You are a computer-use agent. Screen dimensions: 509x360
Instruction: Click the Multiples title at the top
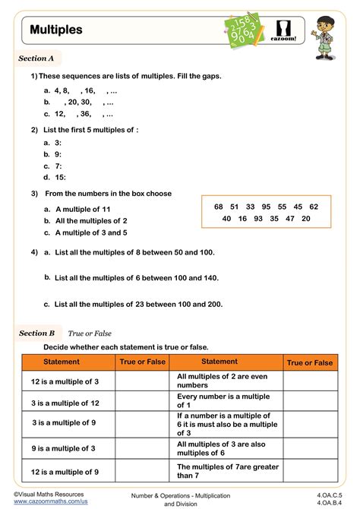56,30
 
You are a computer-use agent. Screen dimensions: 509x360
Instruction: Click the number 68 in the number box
219,207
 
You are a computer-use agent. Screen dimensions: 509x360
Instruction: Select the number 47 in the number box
289,218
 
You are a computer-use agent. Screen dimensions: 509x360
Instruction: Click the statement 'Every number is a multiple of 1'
212,401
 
